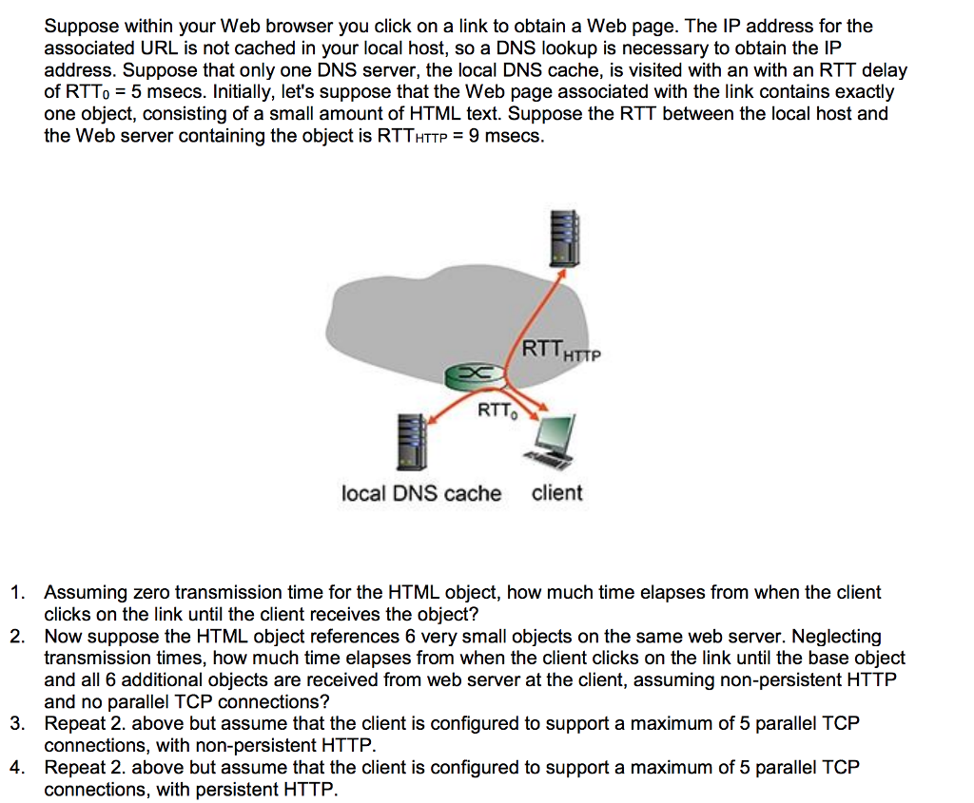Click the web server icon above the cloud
pyautogui.click(x=565, y=239)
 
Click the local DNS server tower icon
pyautogui.click(x=412, y=442)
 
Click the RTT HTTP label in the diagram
pyautogui.click(x=561, y=350)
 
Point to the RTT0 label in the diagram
pyautogui.click(x=497, y=411)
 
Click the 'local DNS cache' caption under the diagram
pyautogui.click(x=421, y=493)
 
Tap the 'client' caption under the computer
pyautogui.click(x=557, y=492)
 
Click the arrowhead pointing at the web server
pyautogui.click(x=560, y=275)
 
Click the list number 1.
pyautogui.click(x=17, y=593)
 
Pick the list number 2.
pyautogui.click(x=17, y=637)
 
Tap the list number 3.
pyautogui.click(x=17, y=723)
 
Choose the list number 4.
pyautogui.click(x=17, y=768)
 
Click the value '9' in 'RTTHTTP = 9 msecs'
pyautogui.click(x=474, y=135)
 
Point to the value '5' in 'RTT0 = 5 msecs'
pyautogui.click(x=136, y=92)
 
